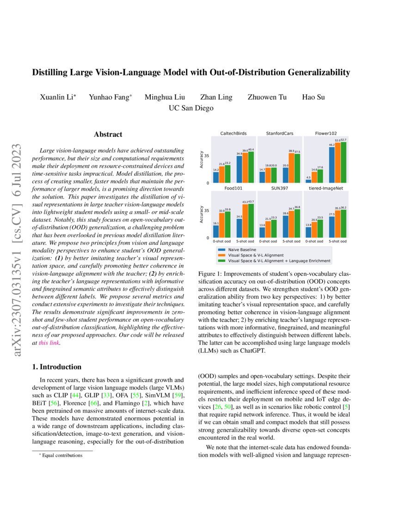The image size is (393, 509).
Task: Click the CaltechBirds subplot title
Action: click(x=233, y=133)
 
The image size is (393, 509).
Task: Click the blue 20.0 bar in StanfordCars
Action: click(x=286, y=175)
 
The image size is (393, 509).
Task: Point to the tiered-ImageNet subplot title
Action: click(x=326, y=188)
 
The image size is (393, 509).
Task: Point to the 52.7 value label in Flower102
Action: click(x=343, y=139)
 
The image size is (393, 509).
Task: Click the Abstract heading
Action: click(x=108, y=134)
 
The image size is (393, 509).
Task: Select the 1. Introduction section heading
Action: click(x=56, y=367)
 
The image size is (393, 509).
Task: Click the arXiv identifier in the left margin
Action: click(x=18, y=250)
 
